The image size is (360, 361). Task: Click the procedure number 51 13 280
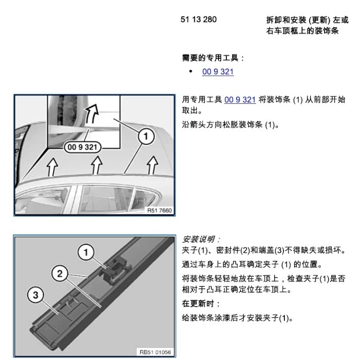coord(199,20)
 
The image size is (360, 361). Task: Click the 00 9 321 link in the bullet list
coord(218,71)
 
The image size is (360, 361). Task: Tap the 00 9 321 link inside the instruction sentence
coord(240,100)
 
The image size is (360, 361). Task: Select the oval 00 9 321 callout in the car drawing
coord(83,147)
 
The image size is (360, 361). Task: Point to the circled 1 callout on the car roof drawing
coord(146,136)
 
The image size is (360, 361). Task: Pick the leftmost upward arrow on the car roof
coord(52,167)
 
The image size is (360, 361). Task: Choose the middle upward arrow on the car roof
coord(97,165)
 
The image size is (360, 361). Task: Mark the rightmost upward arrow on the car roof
coord(152,165)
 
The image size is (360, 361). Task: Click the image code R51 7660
coord(159,210)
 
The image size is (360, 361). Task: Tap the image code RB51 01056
coord(155,352)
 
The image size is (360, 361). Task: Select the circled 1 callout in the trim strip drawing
coord(86,252)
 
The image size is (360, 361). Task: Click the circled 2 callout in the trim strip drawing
coord(60,274)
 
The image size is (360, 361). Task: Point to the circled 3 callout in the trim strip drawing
coord(35,295)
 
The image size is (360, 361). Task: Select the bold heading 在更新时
coord(198,303)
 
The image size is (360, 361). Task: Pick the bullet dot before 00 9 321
coord(191,71)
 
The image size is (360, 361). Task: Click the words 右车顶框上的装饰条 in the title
coord(302,31)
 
